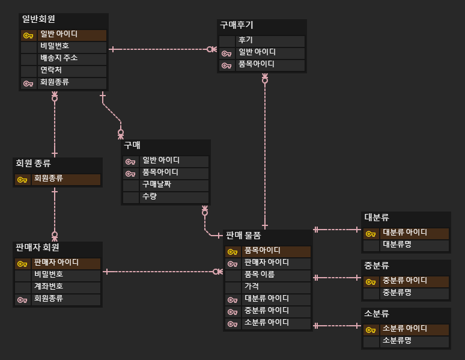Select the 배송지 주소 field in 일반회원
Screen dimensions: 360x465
(59, 58)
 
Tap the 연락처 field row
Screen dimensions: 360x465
(51, 70)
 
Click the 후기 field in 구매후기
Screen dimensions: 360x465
(245, 40)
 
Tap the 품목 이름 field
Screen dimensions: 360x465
(260, 275)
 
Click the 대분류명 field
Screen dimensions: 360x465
(397, 245)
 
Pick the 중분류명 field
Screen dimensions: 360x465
(397, 293)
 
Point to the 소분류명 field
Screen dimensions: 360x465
(397, 341)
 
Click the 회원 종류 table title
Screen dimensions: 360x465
(33, 163)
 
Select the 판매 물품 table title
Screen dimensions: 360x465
(243, 235)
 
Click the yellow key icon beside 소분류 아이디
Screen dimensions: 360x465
(370, 329)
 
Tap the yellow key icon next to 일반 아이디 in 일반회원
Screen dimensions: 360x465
(28, 35)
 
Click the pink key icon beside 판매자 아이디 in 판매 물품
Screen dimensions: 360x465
(232, 263)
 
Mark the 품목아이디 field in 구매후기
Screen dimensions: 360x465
(257, 64)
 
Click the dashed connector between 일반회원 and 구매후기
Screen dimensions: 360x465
(159, 49)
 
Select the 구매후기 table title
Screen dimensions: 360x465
(237, 25)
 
